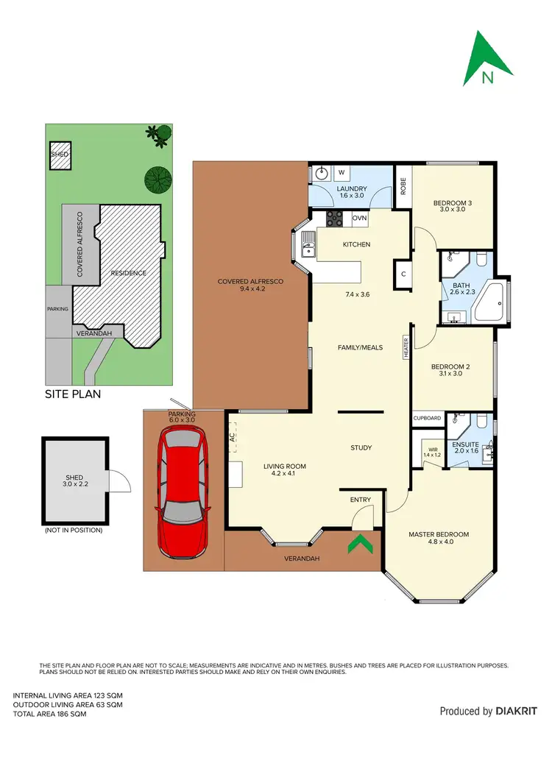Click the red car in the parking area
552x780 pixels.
pos(183,493)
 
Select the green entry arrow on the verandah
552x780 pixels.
pos(359,545)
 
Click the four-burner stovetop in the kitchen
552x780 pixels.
pos(336,219)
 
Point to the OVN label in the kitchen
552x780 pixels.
pos(359,219)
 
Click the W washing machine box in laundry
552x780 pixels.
pos(342,173)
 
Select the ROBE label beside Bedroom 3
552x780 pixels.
pos(403,186)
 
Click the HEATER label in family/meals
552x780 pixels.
pos(405,347)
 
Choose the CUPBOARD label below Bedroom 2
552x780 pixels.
pos(428,418)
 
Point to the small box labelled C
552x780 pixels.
pos(403,273)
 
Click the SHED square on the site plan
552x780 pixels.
pos(60,155)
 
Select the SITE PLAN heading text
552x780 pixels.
pos(73,394)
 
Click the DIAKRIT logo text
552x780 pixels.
pos(515,711)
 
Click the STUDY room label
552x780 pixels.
pos(361,447)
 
